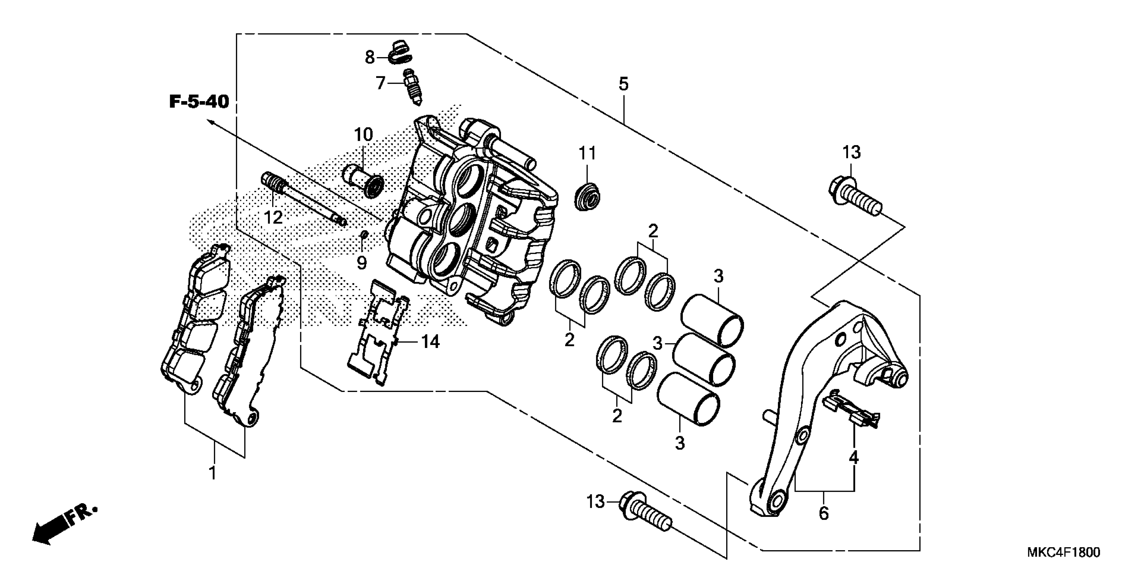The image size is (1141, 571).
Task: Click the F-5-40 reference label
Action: click(x=199, y=102)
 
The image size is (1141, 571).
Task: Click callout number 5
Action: click(x=623, y=84)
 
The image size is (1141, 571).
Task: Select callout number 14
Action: click(x=430, y=342)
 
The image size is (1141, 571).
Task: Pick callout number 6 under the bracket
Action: click(x=824, y=513)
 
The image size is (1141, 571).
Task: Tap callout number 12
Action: click(x=273, y=218)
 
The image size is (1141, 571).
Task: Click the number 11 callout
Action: click(x=587, y=153)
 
